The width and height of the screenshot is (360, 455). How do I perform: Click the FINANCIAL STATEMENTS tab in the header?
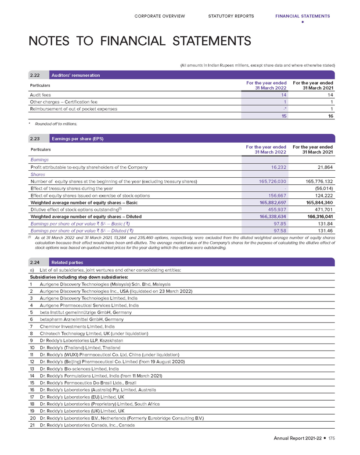(x=302, y=16)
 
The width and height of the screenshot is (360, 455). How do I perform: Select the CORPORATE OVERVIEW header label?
(x=160, y=16)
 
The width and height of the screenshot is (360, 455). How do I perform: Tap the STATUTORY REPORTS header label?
(x=231, y=16)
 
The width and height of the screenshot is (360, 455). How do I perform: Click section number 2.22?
(x=35, y=75)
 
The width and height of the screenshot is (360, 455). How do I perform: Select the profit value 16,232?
(x=277, y=167)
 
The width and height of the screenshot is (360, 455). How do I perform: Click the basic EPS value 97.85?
(x=280, y=223)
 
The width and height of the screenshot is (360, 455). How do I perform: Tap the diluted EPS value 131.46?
(x=325, y=230)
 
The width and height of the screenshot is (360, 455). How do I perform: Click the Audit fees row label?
(x=40, y=95)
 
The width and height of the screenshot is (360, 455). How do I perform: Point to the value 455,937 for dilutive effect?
(x=277, y=209)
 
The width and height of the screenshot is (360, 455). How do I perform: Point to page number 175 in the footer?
(x=331, y=439)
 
